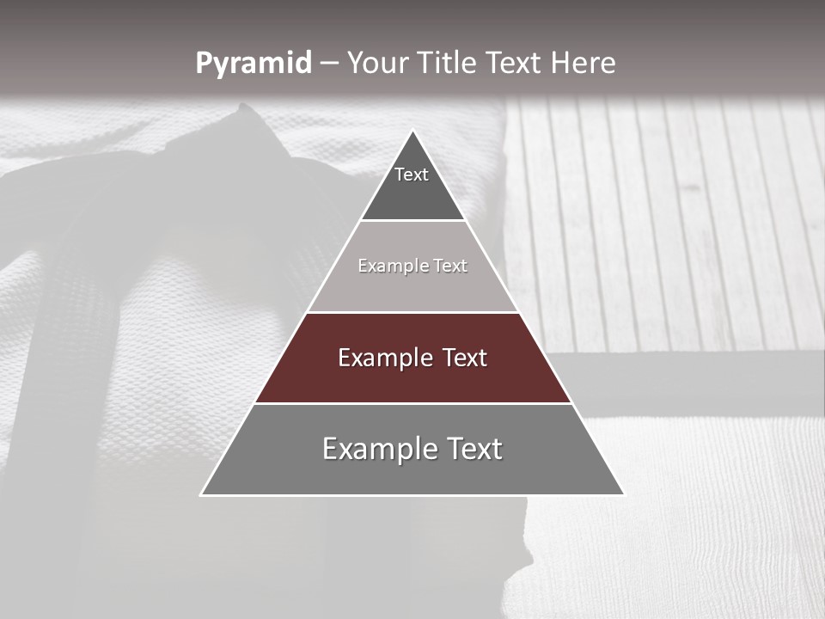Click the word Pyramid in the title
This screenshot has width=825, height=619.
click(253, 64)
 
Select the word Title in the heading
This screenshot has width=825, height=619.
click(450, 63)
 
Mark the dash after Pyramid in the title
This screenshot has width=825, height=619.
click(328, 64)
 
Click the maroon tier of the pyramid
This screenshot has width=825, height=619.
click(412, 378)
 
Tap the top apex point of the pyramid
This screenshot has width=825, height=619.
click(413, 132)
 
